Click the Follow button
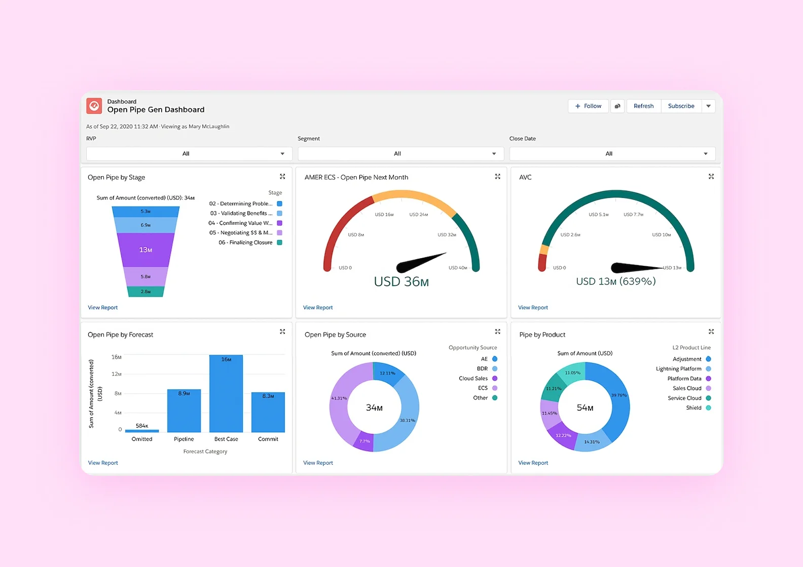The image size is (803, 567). tap(588, 106)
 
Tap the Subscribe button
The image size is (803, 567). tap(681, 106)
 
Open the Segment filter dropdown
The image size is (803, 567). tap(400, 153)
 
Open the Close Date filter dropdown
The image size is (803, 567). tap(612, 153)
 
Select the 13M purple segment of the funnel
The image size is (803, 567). tap(145, 250)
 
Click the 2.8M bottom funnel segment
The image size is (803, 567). tap(145, 292)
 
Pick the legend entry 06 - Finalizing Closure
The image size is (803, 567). tap(246, 242)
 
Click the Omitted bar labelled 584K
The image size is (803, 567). tap(142, 431)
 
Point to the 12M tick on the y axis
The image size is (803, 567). tap(117, 374)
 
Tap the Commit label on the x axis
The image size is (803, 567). tap(268, 439)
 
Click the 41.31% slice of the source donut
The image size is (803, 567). tap(339, 398)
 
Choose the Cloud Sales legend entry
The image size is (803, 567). tap(473, 378)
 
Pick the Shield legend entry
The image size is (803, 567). tap(694, 408)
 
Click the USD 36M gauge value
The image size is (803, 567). tap(401, 281)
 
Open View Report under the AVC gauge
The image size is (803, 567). tap(533, 307)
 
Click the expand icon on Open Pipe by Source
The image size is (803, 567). tap(498, 332)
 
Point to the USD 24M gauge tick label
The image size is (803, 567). tap(419, 215)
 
